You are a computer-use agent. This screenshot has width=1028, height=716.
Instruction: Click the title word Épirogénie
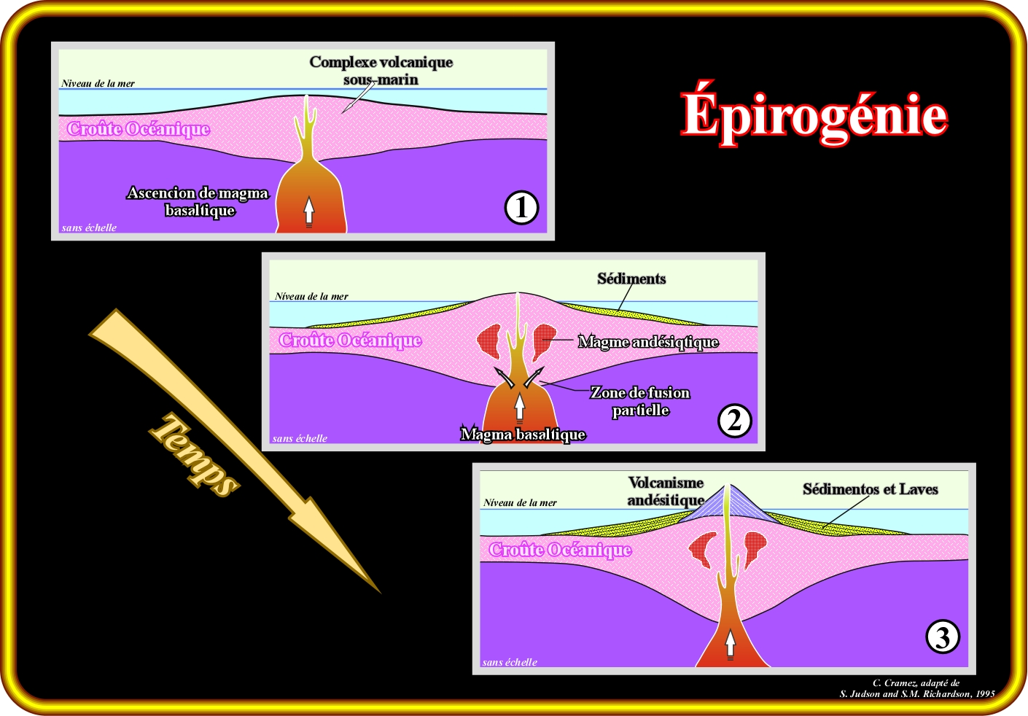pyautogui.click(x=814, y=115)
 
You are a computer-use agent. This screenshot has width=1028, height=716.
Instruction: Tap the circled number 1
pyautogui.click(x=521, y=208)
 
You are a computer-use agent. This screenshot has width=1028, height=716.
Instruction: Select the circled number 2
pyautogui.click(x=734, y=421)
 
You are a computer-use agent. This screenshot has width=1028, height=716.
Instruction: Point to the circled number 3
pyautogui.click(x=942, y=637)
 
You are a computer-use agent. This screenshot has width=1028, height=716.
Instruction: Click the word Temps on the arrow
pyautogui.click(x=195, y=455)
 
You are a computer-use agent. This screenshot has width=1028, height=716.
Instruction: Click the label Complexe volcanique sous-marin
pyautogui.click(x=381, y=71)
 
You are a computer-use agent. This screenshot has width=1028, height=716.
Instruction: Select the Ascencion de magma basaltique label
pyautogui.click(x=198, y=202)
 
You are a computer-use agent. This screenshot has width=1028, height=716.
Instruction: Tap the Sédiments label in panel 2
pyautogui.click(x=631, y=279)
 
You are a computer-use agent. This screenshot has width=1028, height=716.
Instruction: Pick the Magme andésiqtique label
pyautogui.click(x=648, y=342)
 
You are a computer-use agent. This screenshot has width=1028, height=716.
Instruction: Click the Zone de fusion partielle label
pyautogui.click(x=640, y=401)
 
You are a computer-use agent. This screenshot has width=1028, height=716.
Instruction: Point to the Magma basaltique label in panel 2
pyautogui.click(x=523, y=435)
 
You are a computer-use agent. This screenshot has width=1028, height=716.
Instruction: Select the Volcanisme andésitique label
pyautogui.click(x=666, y=491)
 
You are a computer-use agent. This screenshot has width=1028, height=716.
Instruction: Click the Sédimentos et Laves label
pyautogui.click(x=870, y=489)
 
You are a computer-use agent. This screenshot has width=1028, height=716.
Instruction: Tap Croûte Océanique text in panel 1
pyautogui.click(x=139, y=129)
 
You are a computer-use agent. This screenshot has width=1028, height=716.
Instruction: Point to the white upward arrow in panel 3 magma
pyautogui.click(x=731, y=643)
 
